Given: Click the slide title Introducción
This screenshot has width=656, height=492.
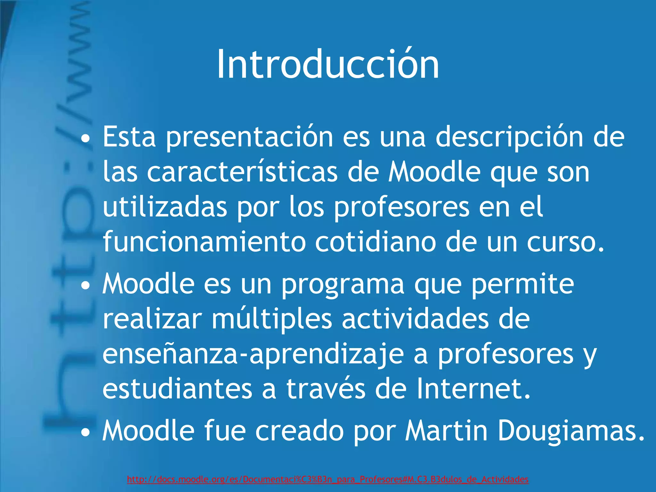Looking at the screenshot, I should pos(328,64).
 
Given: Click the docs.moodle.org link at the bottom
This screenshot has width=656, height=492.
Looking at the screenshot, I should pos(328,479).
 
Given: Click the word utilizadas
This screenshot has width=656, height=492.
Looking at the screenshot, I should pos(165,208).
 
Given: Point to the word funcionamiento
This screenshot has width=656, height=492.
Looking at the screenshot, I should pos(204,242).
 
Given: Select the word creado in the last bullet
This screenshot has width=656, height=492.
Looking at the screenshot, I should pos(299,431).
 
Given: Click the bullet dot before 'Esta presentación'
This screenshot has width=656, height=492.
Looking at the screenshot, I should pos(85,140).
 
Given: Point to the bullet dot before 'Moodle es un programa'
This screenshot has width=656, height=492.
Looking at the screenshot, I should pos(85,286).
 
